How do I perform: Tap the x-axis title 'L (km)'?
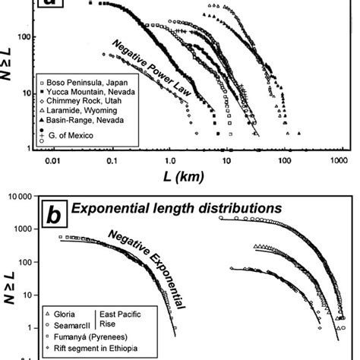pyautogui.click(x=189, y=175)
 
